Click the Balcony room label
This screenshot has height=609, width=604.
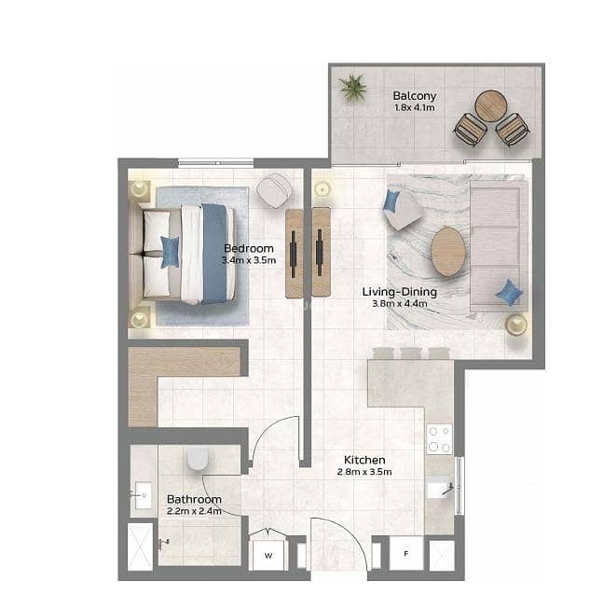(414, 96)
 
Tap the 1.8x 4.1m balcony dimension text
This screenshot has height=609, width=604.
(414, 107)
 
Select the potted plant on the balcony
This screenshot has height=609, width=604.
(353, 88)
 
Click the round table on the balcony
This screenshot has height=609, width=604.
(491, 106)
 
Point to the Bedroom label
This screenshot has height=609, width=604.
(249, 248)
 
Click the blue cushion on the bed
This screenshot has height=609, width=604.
(170, 252)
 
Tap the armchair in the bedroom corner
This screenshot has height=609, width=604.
(274, 190)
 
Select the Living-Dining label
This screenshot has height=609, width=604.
(400, 292)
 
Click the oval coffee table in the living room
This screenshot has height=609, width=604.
(448, 252)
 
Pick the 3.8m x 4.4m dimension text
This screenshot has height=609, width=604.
(400, 304)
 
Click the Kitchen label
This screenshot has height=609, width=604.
(364, 460)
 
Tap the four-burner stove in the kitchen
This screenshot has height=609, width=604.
(440, 439)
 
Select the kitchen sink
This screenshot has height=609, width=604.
(440, 491)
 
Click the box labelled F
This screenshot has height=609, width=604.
(406, 553)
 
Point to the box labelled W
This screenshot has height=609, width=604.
(268, 556)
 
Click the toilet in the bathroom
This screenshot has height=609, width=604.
(198, 459)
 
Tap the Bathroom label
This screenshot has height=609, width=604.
(194, 499)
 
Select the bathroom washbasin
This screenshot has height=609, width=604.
(143, 495)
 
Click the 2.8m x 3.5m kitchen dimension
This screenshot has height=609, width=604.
(364, 472)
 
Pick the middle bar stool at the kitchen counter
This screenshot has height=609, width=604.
(411, 353)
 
